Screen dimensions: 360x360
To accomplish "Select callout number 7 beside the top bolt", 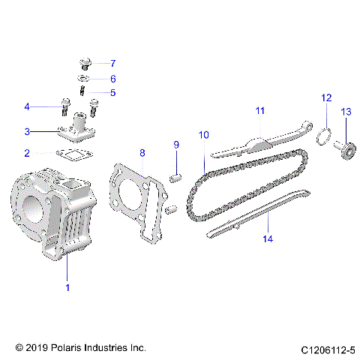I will pos(113,63).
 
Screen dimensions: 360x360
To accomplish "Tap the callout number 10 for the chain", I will pos(203,135).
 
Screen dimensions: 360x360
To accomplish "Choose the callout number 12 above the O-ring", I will pos(326,97).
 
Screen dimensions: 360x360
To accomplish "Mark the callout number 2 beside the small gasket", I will pos(27,153).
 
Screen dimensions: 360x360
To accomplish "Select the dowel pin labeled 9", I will pos(175,180).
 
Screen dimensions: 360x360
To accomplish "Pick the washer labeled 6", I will pos(84,78).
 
